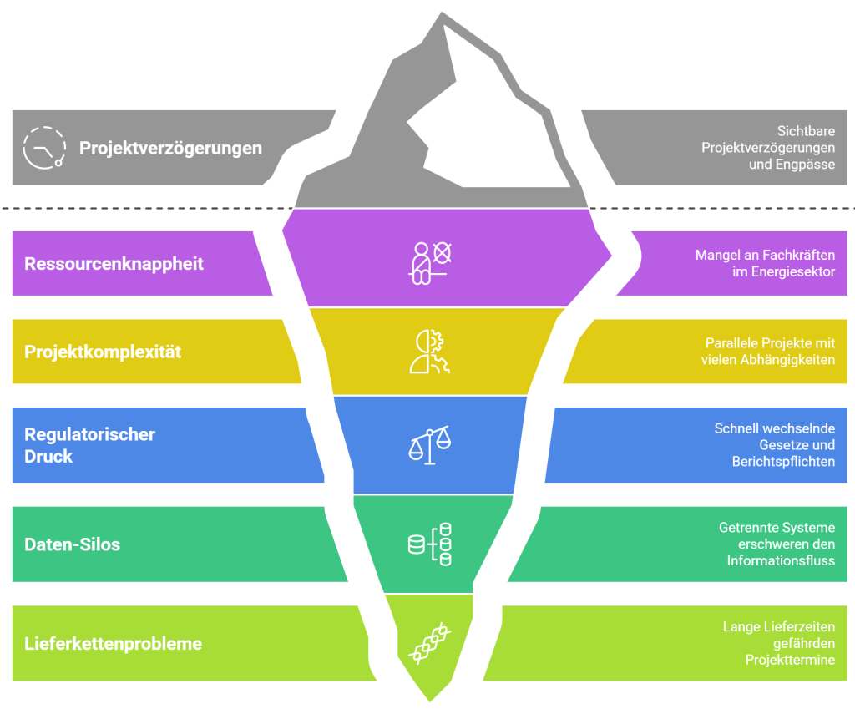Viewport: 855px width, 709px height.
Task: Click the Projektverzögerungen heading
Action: coord(170,148)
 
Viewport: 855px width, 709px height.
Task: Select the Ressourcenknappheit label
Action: coord(114,264)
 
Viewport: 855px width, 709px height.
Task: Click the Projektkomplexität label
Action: coord(103,352)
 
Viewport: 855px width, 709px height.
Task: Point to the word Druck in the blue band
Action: coord(48,456)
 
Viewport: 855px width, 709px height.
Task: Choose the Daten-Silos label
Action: coord(72,544)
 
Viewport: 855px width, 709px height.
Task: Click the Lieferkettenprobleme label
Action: coord(113,644)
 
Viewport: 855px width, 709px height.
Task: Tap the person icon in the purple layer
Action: coord(429,263)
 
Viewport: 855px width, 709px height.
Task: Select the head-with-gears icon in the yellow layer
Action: coord(429,351)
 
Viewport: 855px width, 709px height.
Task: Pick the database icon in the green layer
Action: coord(429,544)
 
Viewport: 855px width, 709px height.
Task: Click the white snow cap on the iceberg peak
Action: coord(484,125)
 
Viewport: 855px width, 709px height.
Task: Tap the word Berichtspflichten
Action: coord(783,461)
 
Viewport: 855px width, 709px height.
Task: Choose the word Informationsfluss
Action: coord(781,560)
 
